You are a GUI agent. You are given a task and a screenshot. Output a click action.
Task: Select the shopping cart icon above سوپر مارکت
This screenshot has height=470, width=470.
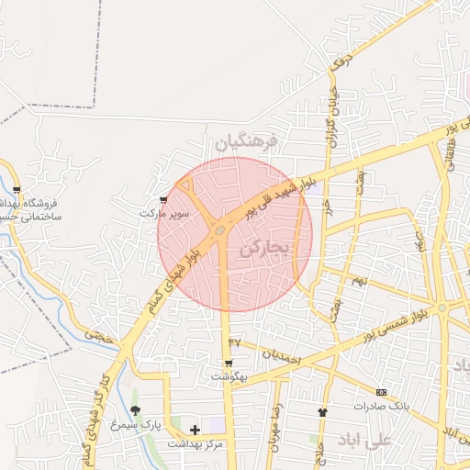[x=163, y=199]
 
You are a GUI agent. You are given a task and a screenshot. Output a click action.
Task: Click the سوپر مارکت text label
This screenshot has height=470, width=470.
[x=163, y=213]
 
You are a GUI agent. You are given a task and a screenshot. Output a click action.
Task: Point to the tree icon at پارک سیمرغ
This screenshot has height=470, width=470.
[x=136, y=410]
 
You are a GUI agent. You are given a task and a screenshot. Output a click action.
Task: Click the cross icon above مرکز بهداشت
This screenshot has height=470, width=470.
[x=195, y=429]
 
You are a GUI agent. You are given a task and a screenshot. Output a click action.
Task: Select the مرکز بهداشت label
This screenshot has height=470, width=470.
[x=195, y=443]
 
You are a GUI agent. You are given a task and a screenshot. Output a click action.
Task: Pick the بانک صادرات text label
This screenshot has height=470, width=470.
[x=382, y=405]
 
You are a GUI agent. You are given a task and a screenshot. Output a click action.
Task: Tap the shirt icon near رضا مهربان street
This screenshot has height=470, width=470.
[x=321, y=412]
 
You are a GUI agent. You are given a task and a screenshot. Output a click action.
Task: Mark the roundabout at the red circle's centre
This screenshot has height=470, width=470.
[x=221, y=230]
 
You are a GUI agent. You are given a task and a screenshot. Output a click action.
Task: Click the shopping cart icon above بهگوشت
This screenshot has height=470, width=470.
[x=229, y=363]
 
